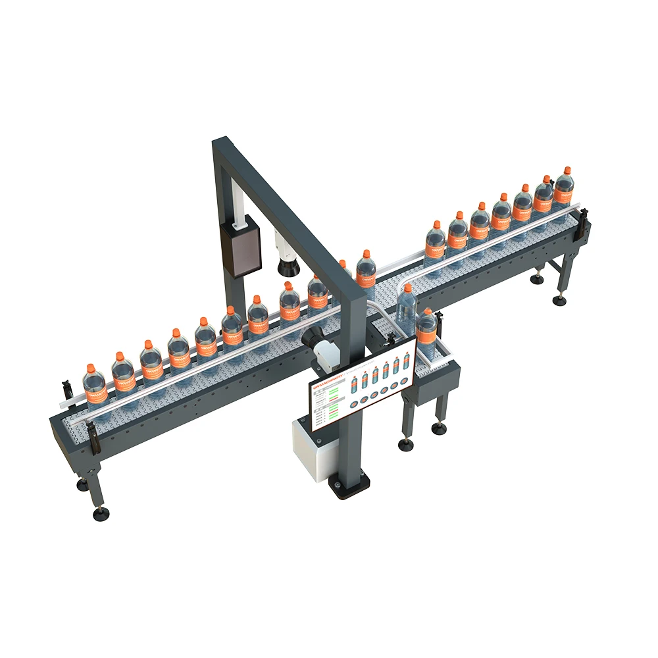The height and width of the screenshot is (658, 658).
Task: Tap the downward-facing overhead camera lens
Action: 287,266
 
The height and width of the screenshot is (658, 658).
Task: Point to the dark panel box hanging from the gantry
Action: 241,247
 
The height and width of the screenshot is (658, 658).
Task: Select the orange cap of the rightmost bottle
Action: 565,170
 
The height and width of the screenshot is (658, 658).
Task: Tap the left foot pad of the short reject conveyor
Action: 407,445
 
